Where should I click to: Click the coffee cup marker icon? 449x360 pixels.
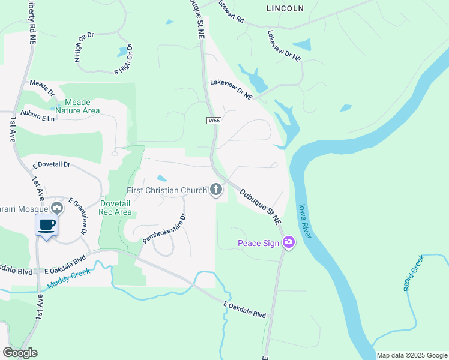click(47, 225)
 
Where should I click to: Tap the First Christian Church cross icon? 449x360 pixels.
click(216, 190)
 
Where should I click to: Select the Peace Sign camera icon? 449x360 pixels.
click(289, 242)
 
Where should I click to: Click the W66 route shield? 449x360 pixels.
click(213, 121)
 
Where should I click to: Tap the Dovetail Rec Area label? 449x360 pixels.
click(115, 208)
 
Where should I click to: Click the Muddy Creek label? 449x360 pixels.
click(69, 279)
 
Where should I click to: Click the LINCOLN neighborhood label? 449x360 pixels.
click(285, 8)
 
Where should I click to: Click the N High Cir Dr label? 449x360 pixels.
click(84, 47)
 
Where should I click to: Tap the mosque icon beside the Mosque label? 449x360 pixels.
click(57, 208)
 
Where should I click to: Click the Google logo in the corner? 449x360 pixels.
click(20, 353)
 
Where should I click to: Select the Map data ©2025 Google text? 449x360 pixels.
click(411, 355)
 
